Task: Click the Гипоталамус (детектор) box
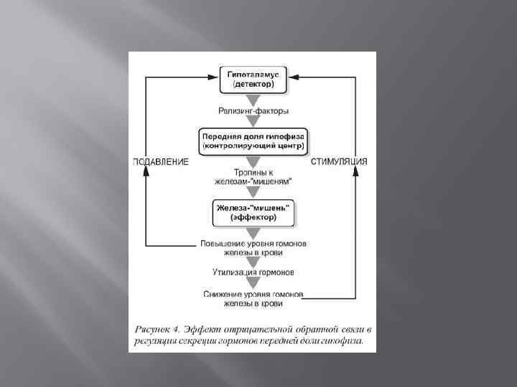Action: (x=253, y=80)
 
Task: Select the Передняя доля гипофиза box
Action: (x=253, y=140)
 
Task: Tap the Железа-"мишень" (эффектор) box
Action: (x=253, y=211)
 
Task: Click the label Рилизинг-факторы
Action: (x=253, y=110)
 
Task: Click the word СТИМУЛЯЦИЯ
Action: (x=339, y=162)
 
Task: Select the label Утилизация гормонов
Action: (x=253, y=272)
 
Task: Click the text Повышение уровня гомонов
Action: (x=253, y=244)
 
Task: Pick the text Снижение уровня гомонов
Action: (x=253, y=295)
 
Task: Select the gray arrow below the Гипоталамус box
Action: (x=253, y=98)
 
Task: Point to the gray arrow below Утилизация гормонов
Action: (x=253, y=283)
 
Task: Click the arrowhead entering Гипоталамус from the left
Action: (x=213, y=75)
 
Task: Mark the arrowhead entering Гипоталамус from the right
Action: (x=294, y=75)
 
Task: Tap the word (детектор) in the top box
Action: (x=253, y=85)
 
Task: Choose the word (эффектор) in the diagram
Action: (x=253, y=216)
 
